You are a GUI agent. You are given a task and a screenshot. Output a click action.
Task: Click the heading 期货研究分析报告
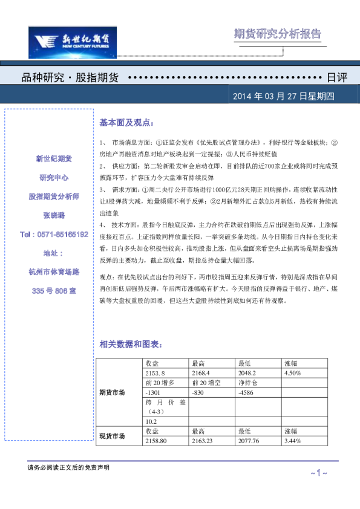(x=278, y=34)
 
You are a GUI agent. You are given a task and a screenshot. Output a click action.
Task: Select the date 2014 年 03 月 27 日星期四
(x=287, y=97)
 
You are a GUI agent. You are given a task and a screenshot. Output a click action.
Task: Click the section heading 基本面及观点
(x=127, y=122)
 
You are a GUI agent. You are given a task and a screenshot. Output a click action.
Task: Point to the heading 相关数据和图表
(x=131, y=344)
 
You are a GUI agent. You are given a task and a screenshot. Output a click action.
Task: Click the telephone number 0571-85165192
(x=54, y=234)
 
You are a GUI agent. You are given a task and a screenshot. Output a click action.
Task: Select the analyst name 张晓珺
(x=53, y=215)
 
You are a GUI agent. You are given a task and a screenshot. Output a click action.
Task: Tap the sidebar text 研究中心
(x=53, y=178)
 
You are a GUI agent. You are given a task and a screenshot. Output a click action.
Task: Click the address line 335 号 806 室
(x=54, y=291)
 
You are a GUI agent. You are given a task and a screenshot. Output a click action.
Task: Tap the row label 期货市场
(x=113, y=392)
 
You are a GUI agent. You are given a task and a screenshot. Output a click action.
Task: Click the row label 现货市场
(x=113, y=435)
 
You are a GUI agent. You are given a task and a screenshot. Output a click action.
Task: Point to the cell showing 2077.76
(x=251, y=441)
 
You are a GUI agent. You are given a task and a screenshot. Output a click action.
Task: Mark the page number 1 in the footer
(x=318, y=473)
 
